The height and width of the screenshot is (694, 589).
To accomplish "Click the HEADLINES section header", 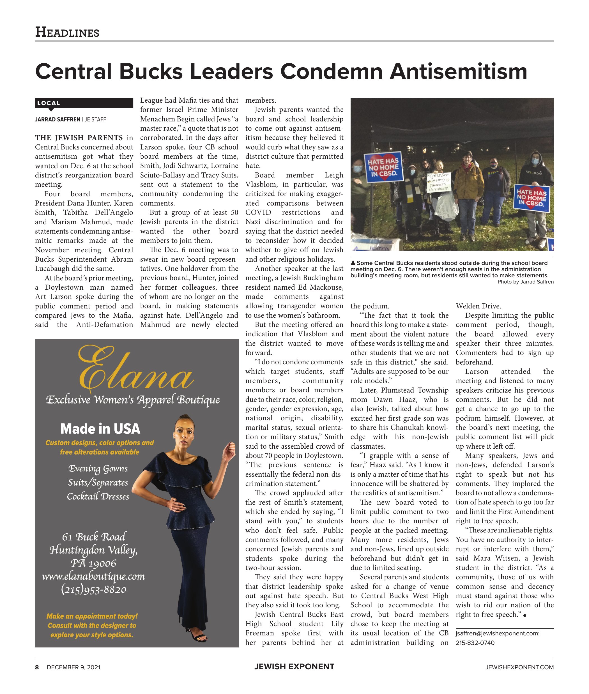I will tap(67, 32).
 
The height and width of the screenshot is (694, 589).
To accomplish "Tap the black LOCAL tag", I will tap(49, 103).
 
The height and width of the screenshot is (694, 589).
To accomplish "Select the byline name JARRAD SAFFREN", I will tap(57, 119).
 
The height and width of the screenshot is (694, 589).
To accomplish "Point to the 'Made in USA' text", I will tap(100, 429).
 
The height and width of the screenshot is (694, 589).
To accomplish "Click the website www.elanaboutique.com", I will tap(93, 576).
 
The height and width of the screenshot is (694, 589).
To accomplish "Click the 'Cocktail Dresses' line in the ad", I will tap(98, 496).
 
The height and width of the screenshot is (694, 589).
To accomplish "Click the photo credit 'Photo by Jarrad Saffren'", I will tap(525, 282).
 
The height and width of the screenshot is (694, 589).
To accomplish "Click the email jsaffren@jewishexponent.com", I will tap(497, 633).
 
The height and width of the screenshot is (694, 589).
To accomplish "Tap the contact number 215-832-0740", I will tap(475, 643).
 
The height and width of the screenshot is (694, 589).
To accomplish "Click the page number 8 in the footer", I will tap(37, 667).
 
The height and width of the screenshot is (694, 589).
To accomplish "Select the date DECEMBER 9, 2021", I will tap(73, 667).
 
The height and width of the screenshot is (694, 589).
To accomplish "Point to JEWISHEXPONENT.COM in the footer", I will tap(519, 667).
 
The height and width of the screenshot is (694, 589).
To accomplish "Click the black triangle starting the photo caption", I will tap(353, 263).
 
